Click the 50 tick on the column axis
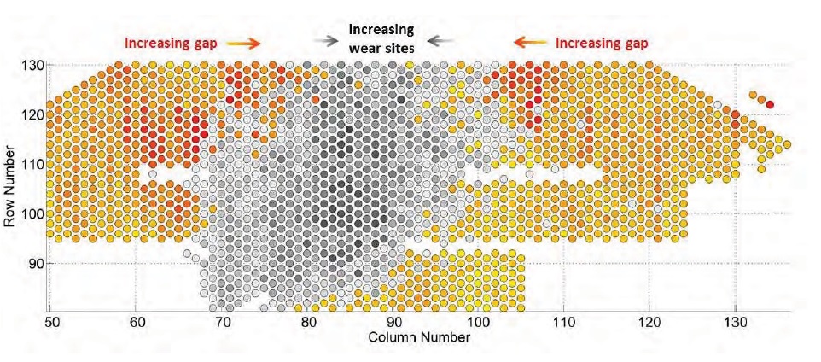pos(50,324)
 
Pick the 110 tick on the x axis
pos(562,324)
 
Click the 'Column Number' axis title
pos(418,337)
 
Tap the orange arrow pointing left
pos(529,41)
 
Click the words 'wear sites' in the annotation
pos(381,48)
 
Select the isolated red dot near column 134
pos(770,104)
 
